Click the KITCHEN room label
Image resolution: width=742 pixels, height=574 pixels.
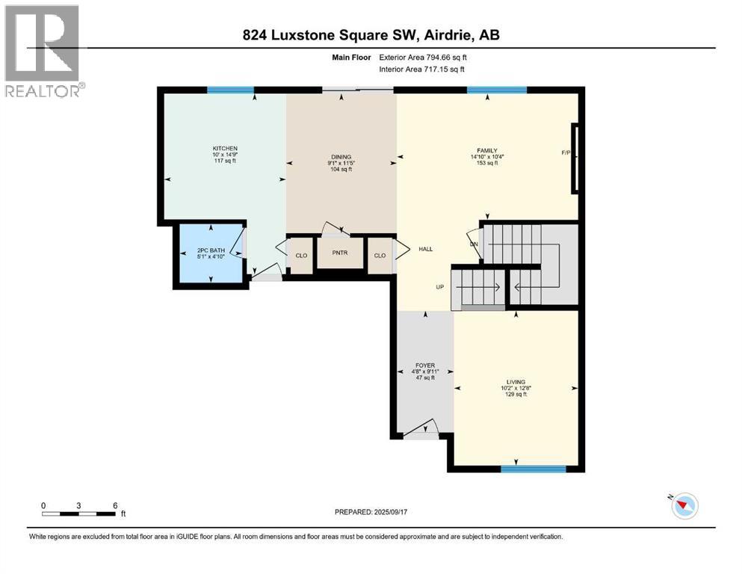225,149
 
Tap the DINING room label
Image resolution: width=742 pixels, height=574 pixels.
341,156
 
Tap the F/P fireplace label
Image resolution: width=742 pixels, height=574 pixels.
566,153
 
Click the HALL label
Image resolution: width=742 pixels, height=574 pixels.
426,250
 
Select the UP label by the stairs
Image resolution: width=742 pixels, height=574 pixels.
442,286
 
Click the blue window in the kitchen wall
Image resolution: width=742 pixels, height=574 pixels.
230,90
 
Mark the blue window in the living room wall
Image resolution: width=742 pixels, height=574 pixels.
522,469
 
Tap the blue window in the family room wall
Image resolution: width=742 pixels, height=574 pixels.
496,90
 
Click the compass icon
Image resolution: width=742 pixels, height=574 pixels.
684,506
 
